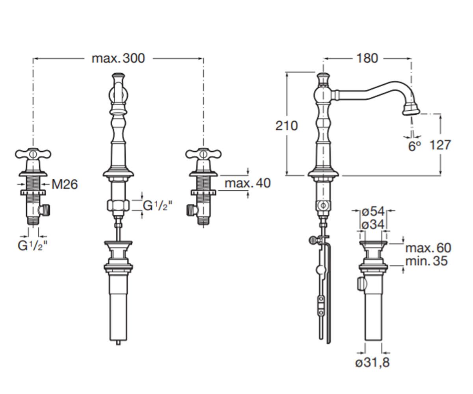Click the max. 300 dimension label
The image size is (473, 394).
click(x=118, y=58)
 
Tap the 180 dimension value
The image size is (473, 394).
click(x=367, y=58)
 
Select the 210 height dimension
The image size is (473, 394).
click(x=286, y=126)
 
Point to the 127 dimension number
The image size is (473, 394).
click(x=440, y=145)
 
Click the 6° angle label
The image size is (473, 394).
click(x=415, y=146)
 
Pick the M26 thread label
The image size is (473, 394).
click(x=65, y=184)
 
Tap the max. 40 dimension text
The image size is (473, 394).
click(x=248, y=183)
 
